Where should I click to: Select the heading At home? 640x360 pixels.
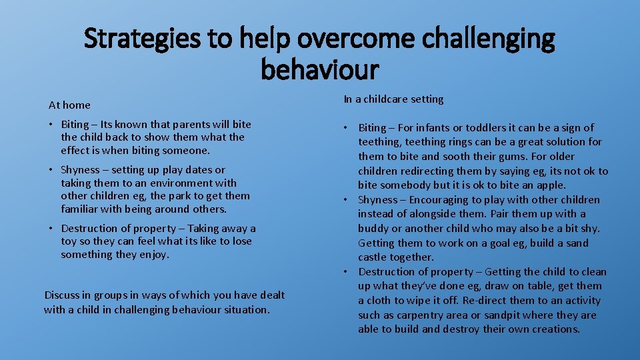click(x=69, y=105)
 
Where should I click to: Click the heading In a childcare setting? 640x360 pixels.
click(x=393, y=99)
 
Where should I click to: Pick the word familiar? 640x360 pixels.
click(x=82, y=209)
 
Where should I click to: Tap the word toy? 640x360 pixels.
click(x=69, y=241)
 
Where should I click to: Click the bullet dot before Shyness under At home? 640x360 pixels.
click(x=52, y=170)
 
